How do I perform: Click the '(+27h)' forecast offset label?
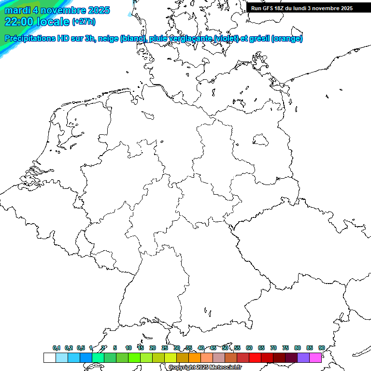(x=84, y=22)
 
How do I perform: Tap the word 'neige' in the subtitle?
(x=107, y=39)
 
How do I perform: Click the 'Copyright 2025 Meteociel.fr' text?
(x=205, y=367)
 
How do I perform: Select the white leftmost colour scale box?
(x=49, y=357)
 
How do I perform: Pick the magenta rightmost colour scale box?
(x=315, y=357)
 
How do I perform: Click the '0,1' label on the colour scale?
(x=57, y=348)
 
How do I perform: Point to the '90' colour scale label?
(x=321, y=348)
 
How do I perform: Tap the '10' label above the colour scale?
(x=128, y=348)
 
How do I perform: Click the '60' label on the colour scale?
(x=249, y=348)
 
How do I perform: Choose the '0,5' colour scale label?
(x=81, y=348)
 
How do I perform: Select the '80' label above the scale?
(x=297, y=348)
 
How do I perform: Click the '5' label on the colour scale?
(x=115, y=348)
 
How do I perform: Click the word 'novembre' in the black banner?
(x=322, y=8)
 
